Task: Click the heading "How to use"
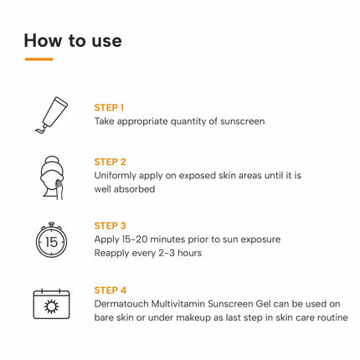click(x=73, y=39)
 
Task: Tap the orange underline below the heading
click(x=39, y=59)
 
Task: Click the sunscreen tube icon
click(x=52, y=115)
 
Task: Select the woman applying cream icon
click(x=52, y=177)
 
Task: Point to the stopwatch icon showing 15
click(x=51, y=239)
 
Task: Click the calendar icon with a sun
click(x=52, y=302)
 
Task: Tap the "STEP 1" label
click(x=110, y=107)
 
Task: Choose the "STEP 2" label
click(x=110, y=162)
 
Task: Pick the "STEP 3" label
click(x=110, y=225)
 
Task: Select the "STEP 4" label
click(x=110, y=290)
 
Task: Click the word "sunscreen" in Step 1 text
click(x=240, y=121)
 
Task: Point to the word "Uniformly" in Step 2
click(x=118, y=176)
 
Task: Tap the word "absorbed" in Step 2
click(x=136, y=189)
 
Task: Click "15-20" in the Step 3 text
click(x=139, y=239)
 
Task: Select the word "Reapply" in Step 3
click(x=114, y=253)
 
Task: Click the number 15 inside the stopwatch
click(x=51, y=242)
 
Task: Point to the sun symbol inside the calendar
click(x=52, y=306)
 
